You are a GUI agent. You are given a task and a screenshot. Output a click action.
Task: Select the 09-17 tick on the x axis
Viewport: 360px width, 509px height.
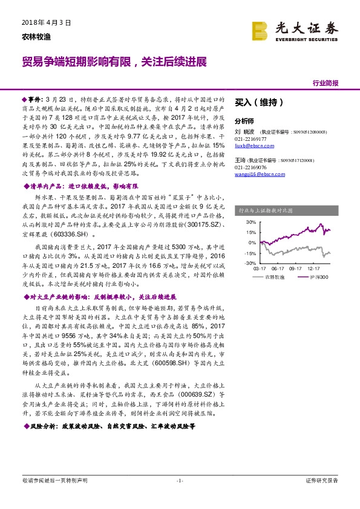(296, 268)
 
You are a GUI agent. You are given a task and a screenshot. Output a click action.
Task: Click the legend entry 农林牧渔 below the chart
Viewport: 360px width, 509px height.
(275, 277)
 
